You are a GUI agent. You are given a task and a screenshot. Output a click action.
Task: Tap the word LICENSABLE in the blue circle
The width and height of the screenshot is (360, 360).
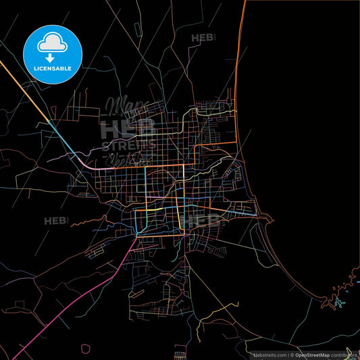click(53, 68)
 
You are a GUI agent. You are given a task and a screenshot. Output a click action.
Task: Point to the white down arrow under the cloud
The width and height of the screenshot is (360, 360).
click(51, 57)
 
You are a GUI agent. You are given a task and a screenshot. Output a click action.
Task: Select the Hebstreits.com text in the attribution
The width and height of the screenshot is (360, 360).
click(268, 354)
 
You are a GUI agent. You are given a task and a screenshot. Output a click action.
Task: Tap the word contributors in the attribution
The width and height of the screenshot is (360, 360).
click(342, 354)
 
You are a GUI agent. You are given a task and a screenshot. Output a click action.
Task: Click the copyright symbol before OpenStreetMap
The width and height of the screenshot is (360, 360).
click(292, 354)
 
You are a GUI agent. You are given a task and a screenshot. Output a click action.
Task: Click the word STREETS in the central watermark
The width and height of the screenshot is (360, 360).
click(128, 144)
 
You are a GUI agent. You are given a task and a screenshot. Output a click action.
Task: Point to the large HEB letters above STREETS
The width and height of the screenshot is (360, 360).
click(127, 129)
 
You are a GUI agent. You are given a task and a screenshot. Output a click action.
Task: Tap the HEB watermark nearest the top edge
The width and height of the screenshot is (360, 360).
click(204, 38)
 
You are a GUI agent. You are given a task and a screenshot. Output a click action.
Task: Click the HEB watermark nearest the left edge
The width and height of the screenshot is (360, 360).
click(56, 220)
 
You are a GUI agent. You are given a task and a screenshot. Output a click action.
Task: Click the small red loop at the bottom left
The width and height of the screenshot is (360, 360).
click(85, 349)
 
